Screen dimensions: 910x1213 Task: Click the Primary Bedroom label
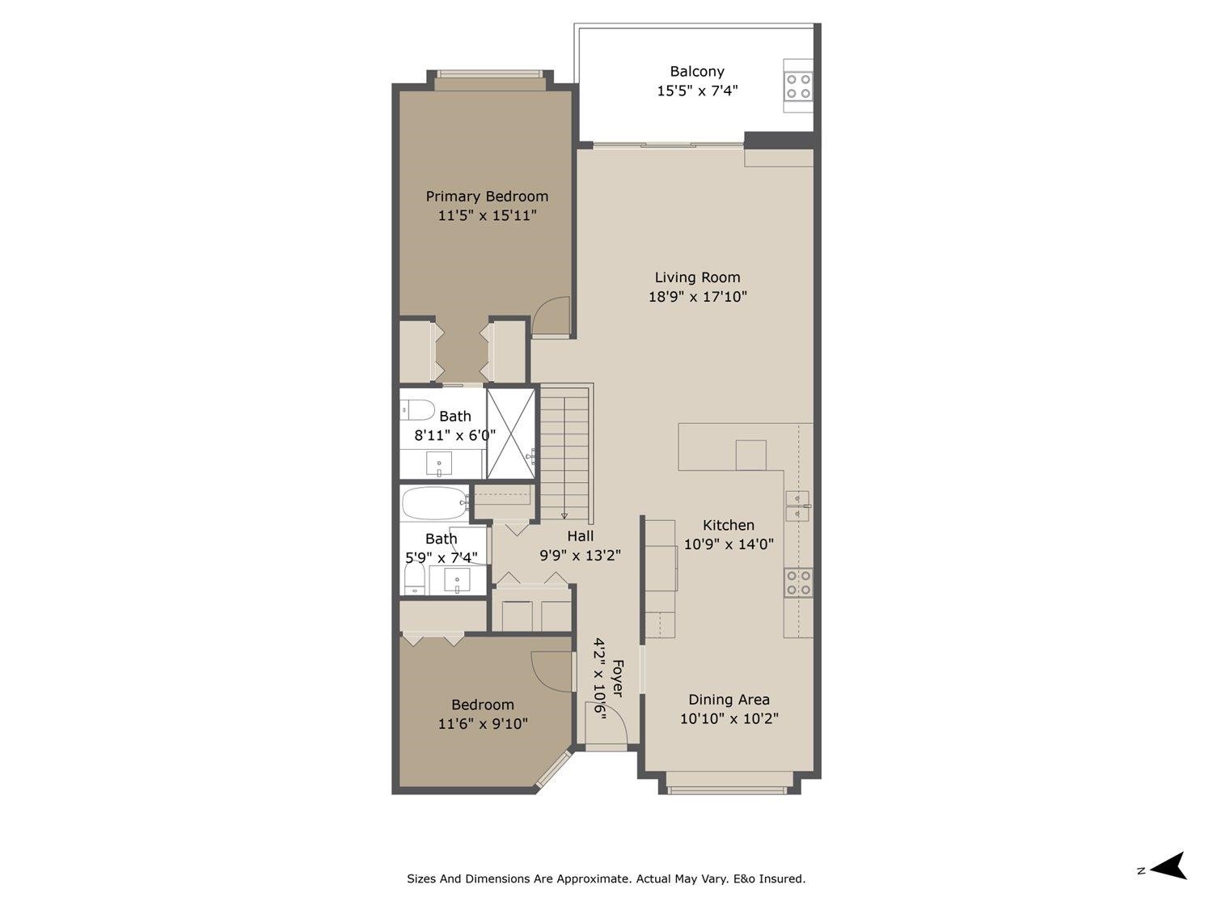pyautogui.click(x=487, y=197)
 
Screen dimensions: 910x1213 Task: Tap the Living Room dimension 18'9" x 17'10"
pyautogui.click(x=697, y=297)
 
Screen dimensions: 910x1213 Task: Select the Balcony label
pyautogui.click(x=697, y=71)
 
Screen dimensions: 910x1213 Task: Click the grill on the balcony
pyautogui.click(x=798, y=86)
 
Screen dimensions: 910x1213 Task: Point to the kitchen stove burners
pyautogui.click(x=799, y=582)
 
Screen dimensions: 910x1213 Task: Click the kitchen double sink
pyautogui.click(x=797, y=506)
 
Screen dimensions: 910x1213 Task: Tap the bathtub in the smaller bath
pyautogui.click(x=435, y=502)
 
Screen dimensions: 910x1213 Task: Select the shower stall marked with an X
pyautogui.click(x=510, y=434)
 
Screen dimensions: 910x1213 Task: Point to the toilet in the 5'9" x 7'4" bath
pyautogui.click(x=415, y=578)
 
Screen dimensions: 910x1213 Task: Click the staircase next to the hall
pyautogui.click(x=565, y=453)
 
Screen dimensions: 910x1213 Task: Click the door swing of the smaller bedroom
pyautogui.click(x=550, y=671)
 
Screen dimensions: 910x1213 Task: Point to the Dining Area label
pyautogui.click(x=729, y=700)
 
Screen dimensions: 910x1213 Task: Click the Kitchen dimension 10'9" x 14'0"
pyautogui.click(x=729, y=544)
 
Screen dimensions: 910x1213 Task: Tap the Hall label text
pyautogui.click(x=580, y=535)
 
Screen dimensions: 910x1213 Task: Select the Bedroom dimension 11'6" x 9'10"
pyautogui.click(x=483, y=724)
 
